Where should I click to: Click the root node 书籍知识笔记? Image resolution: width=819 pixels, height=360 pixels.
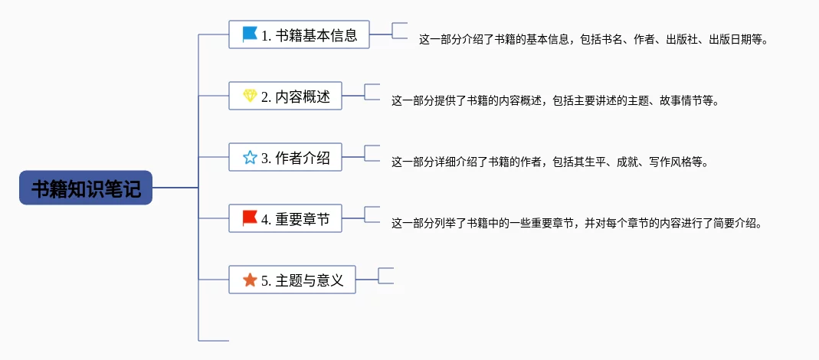(x=86, y=188)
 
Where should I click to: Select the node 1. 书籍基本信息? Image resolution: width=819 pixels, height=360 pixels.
(x=300, y=34)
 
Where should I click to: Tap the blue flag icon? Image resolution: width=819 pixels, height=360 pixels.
(x=251, y=34)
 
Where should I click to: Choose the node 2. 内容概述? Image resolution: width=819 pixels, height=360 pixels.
(x=285, y=96)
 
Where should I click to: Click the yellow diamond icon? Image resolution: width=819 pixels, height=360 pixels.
(x=251, y=96)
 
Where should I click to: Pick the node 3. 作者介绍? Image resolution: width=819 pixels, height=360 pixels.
(x=285, y=157)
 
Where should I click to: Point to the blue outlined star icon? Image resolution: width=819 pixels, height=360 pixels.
(x=251, y=157)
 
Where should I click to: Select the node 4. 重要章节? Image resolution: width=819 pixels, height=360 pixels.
(x=285, y=218)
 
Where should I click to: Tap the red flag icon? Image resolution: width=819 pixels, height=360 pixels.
(x=251, y=218)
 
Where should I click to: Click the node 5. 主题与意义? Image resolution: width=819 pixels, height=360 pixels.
(x=292, y=280)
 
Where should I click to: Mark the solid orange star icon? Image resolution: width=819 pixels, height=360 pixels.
(x=251, y=280)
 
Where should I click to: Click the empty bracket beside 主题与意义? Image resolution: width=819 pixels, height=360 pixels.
(x=385, y=276)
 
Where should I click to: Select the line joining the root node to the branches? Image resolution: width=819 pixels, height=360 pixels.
(x=175, y=188)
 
